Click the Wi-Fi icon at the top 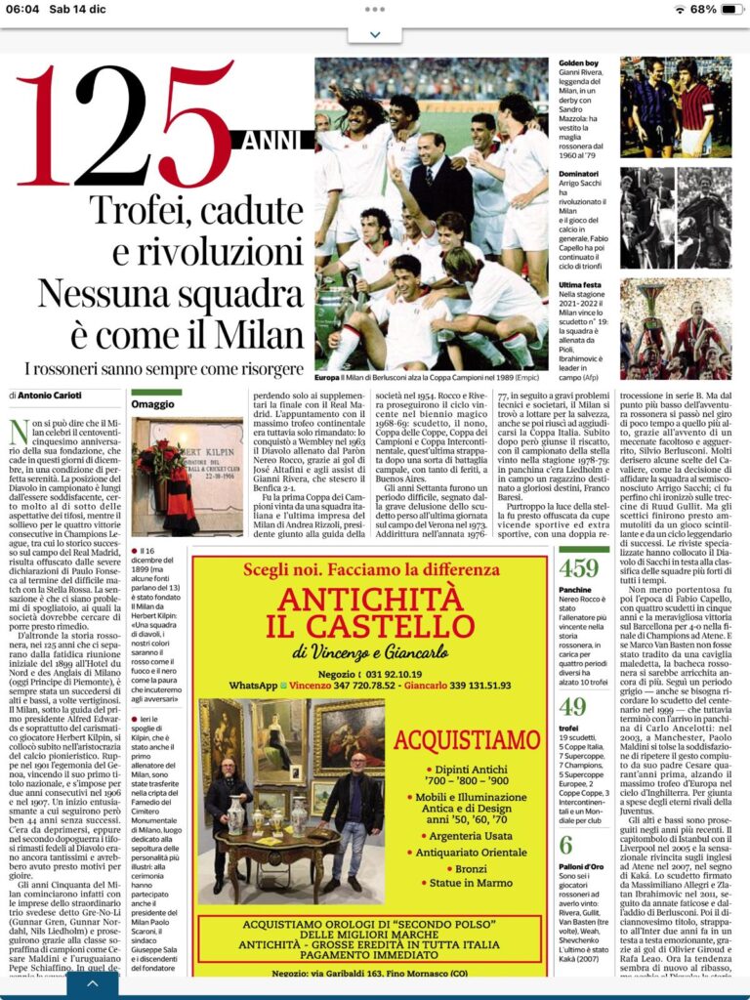point(680,9)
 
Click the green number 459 point(579,567)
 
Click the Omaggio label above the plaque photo point(155,403)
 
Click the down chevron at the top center point(375,35)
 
